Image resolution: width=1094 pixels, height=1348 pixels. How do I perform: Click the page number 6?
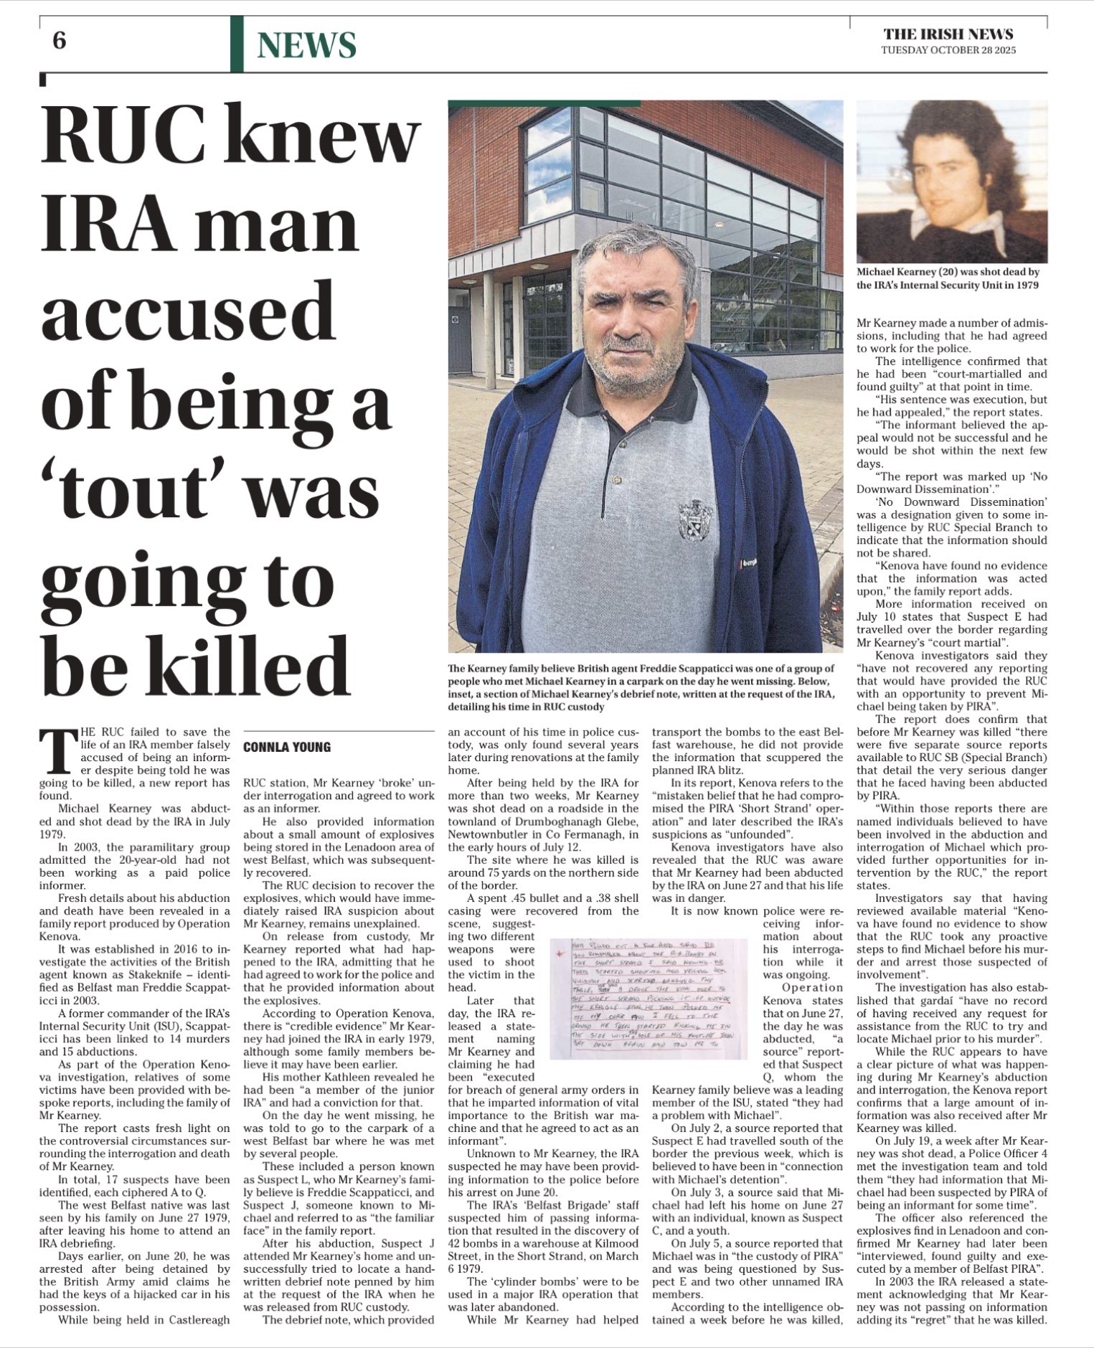59,42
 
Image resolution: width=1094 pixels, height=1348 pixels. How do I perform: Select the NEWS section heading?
306,45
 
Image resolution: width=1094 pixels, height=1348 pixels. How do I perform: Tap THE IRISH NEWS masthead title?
948,34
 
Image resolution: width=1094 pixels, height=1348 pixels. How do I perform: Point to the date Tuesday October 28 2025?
948,50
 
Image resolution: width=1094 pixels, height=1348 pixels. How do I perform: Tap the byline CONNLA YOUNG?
287,747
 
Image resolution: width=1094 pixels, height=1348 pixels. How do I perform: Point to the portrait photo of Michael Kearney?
952,182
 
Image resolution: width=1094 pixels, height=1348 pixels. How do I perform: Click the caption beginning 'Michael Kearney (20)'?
948,278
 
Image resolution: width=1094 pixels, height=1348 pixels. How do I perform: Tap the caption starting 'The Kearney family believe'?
641,687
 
